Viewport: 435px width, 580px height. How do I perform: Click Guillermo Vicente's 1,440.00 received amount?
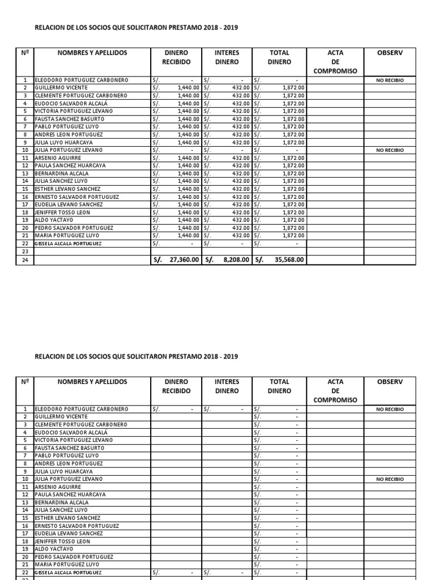point(188,88)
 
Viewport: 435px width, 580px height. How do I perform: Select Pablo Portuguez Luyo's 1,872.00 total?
point(293,127)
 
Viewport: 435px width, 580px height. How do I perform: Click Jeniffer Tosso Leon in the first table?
point(62,212)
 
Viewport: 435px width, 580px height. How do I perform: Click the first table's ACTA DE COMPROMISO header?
point(335,62)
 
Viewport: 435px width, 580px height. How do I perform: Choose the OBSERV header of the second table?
point(390,382)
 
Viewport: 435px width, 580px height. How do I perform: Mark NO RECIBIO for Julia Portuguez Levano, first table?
point(390,150)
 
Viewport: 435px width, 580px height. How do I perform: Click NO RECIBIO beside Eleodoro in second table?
point(390,409)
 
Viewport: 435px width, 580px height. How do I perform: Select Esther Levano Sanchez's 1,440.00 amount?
point(188,189)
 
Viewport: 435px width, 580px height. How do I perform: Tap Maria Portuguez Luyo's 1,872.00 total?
point(293,235)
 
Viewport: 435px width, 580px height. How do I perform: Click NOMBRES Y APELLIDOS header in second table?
point(92,382)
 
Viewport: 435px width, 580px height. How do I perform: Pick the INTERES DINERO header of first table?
point(227,57)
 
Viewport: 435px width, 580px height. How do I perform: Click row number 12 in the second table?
point(25,494)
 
